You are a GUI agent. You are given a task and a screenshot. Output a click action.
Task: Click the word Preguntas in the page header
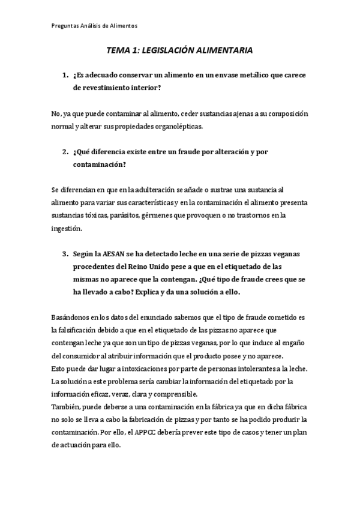point(64,26)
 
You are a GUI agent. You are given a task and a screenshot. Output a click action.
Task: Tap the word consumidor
point(76,356)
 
